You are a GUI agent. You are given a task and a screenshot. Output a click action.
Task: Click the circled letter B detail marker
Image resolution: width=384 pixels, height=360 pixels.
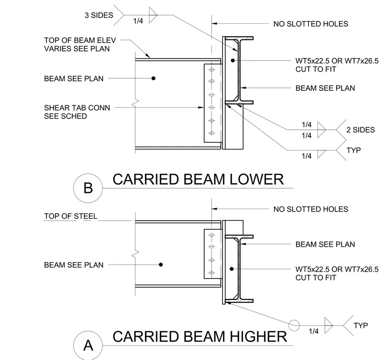pos(88,188)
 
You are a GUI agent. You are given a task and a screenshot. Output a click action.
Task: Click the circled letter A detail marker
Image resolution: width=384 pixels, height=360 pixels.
pos(88,345)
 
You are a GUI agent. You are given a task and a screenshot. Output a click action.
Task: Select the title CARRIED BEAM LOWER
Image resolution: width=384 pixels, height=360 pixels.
pos(198,179)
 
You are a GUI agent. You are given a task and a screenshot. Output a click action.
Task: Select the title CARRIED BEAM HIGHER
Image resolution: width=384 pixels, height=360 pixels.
pos(200,336)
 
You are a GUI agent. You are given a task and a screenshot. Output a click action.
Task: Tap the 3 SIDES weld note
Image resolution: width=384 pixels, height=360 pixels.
pos(99,15)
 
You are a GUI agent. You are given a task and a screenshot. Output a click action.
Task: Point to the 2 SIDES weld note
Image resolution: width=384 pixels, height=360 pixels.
pos(360,130)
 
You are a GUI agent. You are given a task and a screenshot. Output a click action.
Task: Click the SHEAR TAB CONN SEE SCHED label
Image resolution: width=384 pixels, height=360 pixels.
pos(77,112)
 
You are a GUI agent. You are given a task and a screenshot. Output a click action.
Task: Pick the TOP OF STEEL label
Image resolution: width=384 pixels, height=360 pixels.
pos(71,216)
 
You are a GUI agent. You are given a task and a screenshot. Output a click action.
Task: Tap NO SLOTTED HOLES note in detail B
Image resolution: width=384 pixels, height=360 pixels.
pos(311,24)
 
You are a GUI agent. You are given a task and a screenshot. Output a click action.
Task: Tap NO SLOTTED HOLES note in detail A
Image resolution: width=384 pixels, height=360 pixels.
pos(311,209)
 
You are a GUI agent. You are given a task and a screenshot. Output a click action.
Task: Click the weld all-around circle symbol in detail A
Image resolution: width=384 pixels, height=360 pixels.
pos(294,326)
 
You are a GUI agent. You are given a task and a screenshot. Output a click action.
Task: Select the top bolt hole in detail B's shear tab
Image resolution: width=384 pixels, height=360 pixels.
pos(212,70)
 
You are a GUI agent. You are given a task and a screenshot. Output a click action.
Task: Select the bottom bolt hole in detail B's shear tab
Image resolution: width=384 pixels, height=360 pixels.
pos(212,133)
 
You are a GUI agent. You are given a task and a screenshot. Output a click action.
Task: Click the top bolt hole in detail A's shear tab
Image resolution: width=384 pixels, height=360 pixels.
pos(212,235)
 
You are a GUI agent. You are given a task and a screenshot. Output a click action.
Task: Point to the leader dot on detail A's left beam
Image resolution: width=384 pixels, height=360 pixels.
pos(161,265)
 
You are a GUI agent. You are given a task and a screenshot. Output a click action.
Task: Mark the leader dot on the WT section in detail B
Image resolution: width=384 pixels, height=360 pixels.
pos(232,60)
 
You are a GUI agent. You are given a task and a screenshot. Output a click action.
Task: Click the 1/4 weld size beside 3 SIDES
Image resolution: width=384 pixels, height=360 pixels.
pos(138,21)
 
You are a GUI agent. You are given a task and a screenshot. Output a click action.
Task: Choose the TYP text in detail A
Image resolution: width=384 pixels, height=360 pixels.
pos(360,326)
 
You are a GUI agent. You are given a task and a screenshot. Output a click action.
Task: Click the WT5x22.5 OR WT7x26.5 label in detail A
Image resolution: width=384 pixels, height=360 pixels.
pos(337,269)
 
